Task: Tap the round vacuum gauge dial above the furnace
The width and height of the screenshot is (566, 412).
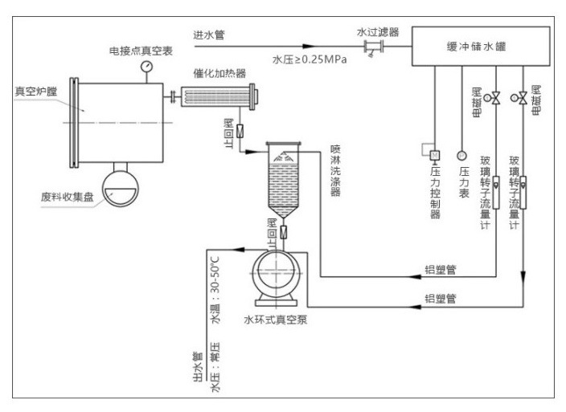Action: tap(147, 65)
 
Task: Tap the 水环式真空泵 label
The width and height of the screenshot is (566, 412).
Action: tap(276, 318)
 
